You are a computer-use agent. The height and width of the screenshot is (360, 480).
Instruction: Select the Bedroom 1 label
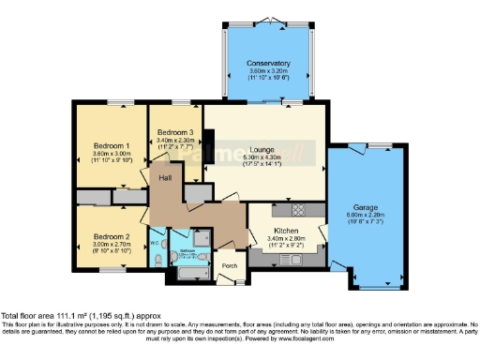coord(111,146)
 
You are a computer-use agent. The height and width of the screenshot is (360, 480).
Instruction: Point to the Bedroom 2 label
coord(111,225)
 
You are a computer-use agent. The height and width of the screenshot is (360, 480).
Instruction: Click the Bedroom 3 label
coord(175,132)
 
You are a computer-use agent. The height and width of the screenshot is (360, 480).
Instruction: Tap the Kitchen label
coord(286,230)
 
